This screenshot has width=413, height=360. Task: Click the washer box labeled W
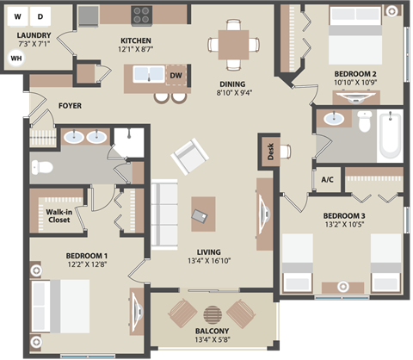pos(16,16)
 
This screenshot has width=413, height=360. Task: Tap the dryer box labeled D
pos(40,16)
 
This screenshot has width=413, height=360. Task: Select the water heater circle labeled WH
pos(15,58)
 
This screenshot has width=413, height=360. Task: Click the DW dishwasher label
pos(176,77)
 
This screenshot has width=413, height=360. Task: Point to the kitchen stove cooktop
pos(141,15)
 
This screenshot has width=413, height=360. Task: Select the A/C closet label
pos(327,180)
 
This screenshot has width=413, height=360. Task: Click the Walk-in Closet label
pos(59,215)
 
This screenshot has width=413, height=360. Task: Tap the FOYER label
pos(71,106)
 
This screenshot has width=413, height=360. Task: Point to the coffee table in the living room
pos(203,214)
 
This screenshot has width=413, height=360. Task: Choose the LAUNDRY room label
pos(34,35)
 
